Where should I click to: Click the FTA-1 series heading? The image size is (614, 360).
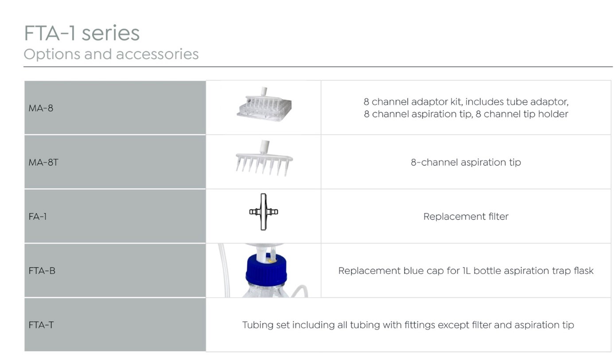[x=82, y=33]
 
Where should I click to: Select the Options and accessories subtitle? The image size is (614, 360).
[x=111, y=54]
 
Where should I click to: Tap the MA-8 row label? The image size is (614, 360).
[x=41, y=108]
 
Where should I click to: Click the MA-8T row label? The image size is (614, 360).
[x=43, y=162]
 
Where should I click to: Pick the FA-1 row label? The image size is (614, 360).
[x=38, y=216]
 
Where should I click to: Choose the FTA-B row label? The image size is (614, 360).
[x=42, y=271]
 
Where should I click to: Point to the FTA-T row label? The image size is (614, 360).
[x=41, y=325]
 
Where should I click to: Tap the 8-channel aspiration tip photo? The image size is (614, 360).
[x=264, y=159]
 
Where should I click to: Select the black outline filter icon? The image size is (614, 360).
[x=264, y=212]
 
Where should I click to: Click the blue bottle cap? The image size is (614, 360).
[x=266, y=270]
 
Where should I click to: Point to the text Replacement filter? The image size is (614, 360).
[x=466, y=216]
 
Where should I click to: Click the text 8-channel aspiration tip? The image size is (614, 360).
[x=466, y=162]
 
